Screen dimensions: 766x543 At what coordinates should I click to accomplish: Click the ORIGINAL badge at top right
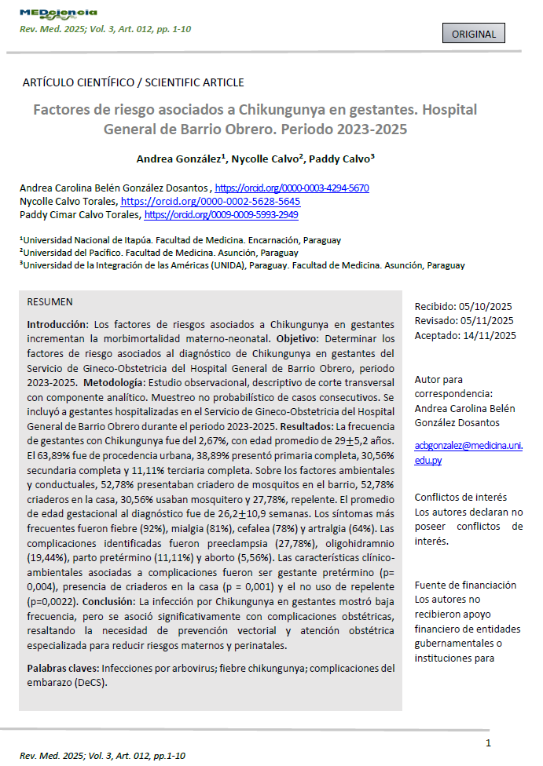(474, 34)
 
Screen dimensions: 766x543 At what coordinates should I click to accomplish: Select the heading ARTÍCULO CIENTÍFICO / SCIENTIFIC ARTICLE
(133, 82)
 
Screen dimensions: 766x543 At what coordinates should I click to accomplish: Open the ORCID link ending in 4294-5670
(292, 188)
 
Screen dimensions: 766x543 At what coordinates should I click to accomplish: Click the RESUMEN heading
(50, 302)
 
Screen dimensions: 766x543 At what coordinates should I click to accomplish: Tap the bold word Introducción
(57, 324)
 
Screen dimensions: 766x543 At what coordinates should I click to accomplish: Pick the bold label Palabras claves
(63, 669)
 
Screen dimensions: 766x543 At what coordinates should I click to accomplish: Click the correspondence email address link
(468, 453)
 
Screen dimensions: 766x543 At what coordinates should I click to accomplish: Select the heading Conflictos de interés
(460, 497)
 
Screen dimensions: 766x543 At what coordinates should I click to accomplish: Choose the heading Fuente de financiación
(465, 585)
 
